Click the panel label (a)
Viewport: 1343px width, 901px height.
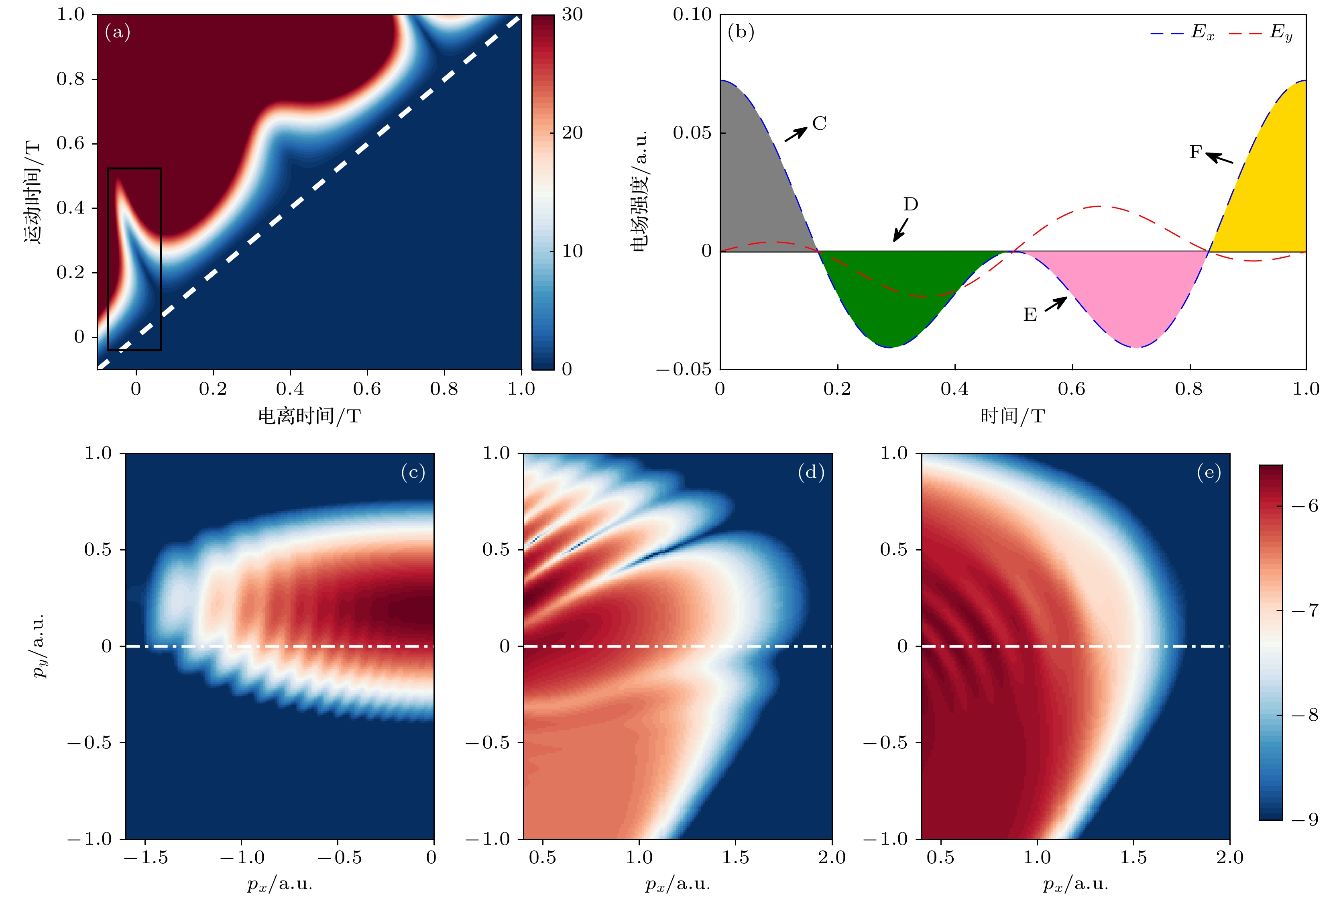(x=118, y=32)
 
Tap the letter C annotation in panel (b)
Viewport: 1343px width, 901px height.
(x=819, y=124)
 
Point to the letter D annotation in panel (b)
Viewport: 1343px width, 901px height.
(x=910, y=204)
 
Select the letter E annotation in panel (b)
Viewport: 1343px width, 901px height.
(x=1030, y=315)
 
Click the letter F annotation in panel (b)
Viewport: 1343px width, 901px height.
(x=1195, y=152)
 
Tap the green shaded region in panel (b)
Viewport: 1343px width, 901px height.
(x=890, y=299)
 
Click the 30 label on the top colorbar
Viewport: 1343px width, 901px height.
(x=572, y=14)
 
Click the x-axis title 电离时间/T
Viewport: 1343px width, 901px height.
(x=309, y=416)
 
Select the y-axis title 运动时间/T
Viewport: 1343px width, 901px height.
(x=33, y=192)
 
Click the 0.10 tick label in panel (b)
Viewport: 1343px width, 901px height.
(x=692, y=14)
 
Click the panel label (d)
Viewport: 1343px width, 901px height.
(x=811, y=472)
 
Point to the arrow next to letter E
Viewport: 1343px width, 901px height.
(x=1055, y=304)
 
